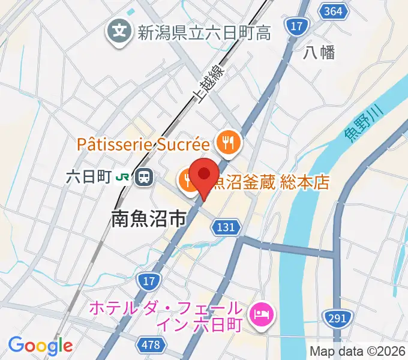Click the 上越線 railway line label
coord(210,84)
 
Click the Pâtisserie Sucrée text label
coord(144,144)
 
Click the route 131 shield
coord(227,227)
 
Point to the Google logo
coord(40,345)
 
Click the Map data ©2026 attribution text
coord(358,351)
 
